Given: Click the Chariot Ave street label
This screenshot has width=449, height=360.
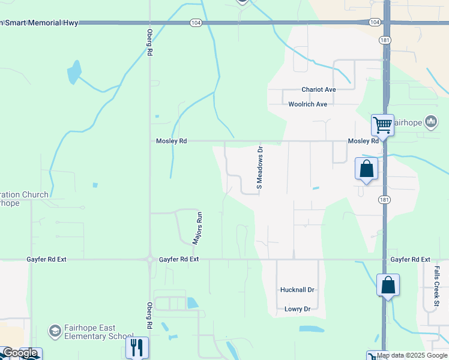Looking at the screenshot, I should pyautogui.click(x=318, y=89).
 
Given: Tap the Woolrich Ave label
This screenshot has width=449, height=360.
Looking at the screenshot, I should pyautogui.click(x=307, y=104).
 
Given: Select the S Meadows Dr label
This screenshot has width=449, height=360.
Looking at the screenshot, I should pyautogui.click(x=260, y=167).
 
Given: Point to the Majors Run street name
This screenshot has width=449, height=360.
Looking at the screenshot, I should pyautogui.click(x=196, y=228).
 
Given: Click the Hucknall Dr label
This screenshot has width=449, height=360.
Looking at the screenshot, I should pyautogui.click(x=297, y=289).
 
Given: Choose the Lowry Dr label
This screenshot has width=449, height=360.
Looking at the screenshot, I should pyautogui.click(x=297, y=309).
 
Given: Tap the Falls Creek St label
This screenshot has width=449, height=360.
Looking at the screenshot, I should pyautogui.click(x=436, y=288).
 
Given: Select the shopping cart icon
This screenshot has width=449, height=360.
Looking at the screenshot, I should pyautogui.click(x=382, y=125).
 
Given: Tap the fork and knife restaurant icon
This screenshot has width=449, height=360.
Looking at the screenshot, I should pyautogui.click(x=137, y=347).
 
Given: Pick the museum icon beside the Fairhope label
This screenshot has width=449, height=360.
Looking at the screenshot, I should pyautogui.click(x=430, y=122).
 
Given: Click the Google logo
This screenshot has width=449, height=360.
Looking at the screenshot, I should pyautogui.click(x=20, y=353).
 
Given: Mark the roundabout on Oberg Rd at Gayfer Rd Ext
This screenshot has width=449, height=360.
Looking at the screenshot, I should pyautogui.click(x=149, y=260).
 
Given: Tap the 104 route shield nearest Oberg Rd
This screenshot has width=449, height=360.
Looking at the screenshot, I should pyautogui.click(x=195, y=22).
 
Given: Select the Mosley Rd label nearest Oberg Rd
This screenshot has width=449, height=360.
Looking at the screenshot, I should pyautogui.click(x=171, y=141).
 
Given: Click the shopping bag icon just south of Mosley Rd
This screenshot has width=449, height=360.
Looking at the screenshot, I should pyautogui.click(x=367, y=169).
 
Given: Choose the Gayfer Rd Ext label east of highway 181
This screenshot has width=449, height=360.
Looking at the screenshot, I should pyautogui.click(x=411, y=259).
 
